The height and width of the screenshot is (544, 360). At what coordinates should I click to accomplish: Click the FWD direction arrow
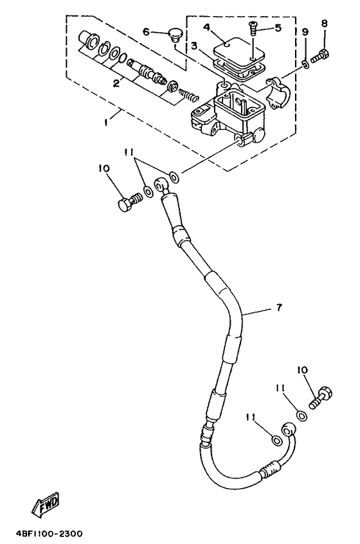(46, 503)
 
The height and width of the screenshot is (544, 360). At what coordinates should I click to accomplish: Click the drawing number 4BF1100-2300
(49, 533)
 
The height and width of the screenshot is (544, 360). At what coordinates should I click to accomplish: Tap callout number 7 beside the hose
(280, 307)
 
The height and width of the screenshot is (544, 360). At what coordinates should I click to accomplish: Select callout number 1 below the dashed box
(107, 122)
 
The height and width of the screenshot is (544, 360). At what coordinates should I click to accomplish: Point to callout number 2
(116, 83)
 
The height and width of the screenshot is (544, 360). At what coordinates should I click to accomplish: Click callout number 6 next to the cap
(146, 32)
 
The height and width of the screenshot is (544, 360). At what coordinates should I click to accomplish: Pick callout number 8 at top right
(324, 24)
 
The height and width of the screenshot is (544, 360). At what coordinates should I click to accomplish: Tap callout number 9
(305, 32)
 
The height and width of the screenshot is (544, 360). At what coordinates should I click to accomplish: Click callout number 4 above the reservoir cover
(207, 28)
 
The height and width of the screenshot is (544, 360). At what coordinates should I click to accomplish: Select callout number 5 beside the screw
(278, 28)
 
